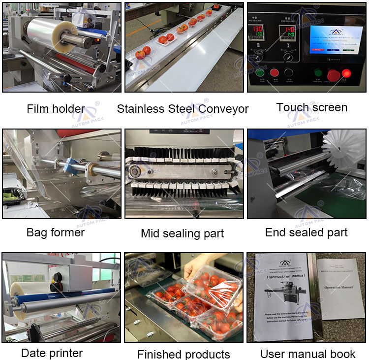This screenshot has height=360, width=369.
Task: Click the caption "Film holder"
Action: tap(56, 109)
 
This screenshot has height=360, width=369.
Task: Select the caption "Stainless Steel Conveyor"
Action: tap(183, 109)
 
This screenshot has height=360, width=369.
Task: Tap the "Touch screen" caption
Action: tap(311, 107)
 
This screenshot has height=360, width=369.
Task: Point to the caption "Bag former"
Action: tap(56, 232)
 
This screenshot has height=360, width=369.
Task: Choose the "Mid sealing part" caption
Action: tap(182, 233)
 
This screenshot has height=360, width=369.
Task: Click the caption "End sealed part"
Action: tap(306, 232)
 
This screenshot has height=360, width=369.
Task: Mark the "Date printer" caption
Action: tap(52, 353)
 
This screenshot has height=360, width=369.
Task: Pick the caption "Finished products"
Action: tap(184, 354)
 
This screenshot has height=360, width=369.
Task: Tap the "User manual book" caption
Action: tap(307, 354)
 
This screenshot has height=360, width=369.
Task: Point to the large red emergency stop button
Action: tap(333, 75)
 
